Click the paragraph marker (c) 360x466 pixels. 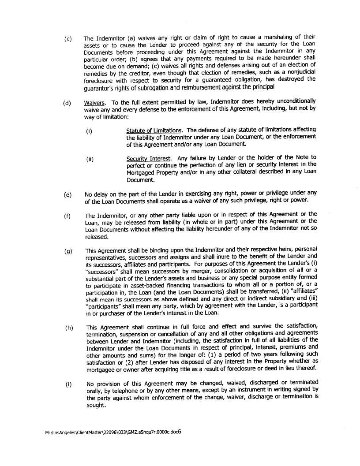pyautogui.click(x=67, y=39)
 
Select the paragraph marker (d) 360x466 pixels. pyautogui.click(x=67, y=104)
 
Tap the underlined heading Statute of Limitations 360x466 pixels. pyautogui.click(x=154, y=130)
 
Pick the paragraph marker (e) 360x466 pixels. pyautogui.click(x=67, y=194)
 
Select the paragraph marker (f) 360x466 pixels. pyautogui.click(x=67, y=216)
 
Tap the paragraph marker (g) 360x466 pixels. pyautogui.click(x=67, y=251)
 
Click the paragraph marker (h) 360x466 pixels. pyautogui.click(x=68, y=328)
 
